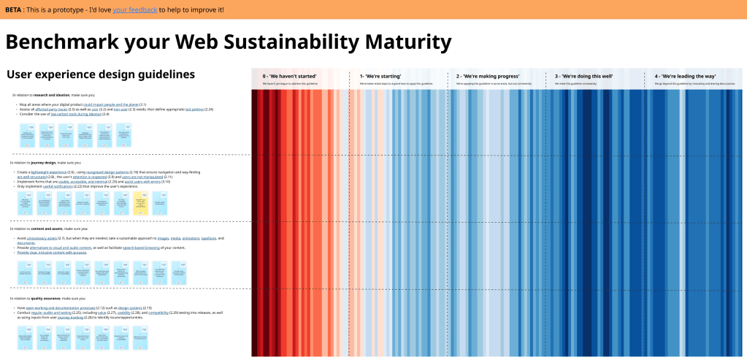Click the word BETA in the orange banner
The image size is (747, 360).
[14, 9]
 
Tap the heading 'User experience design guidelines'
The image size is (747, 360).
[101, 74]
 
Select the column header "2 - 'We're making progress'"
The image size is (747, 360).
[488, 76]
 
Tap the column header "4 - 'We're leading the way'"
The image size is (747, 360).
[685, 76]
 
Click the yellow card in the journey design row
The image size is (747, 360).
[141, 202]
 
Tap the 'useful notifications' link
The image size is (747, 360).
[58, 186]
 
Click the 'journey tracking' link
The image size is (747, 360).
[72, 318]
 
